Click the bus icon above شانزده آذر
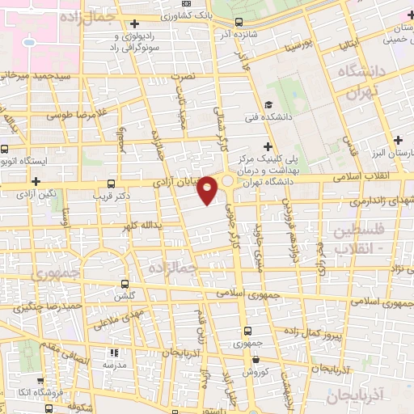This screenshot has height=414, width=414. [x=238, y=23]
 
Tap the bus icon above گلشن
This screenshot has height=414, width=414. [x=124, y=284]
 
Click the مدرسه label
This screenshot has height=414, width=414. [x=113, y=365]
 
